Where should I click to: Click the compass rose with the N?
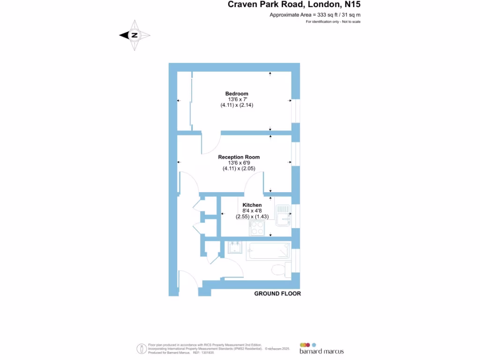[135, 35]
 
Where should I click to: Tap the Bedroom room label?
[237, 94]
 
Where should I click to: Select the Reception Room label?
[239, 157]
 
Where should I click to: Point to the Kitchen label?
[252, 205]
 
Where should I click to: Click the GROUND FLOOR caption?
[277, 293]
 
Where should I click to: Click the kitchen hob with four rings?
[257, 228]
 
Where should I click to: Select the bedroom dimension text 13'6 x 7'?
[237, 99]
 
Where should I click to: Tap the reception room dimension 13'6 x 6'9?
[239, 163]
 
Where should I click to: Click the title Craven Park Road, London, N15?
[294, 5]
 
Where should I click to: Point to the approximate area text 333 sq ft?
[315, 15]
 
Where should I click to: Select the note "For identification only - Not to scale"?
[333, 22]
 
